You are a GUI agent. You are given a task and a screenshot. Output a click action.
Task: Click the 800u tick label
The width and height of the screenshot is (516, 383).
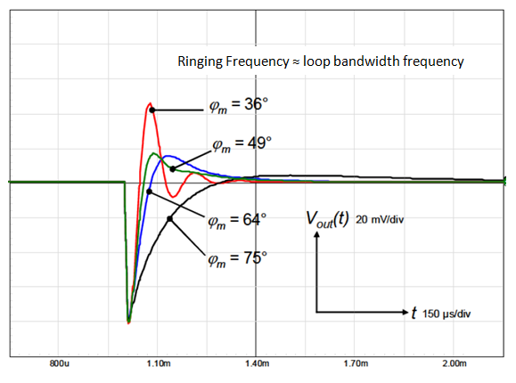pos(60,365)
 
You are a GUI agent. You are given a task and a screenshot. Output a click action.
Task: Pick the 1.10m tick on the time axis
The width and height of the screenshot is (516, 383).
pos(158,365)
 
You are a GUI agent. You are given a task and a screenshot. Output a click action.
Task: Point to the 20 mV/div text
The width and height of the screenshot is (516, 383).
pos(381,220)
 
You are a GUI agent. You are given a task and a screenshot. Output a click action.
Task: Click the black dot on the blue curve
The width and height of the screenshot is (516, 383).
pos(173,168)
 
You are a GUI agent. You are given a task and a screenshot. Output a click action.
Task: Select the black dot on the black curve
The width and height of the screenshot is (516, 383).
pos(169,219)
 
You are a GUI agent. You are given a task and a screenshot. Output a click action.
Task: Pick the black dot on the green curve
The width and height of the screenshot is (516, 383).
pos(149,191)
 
